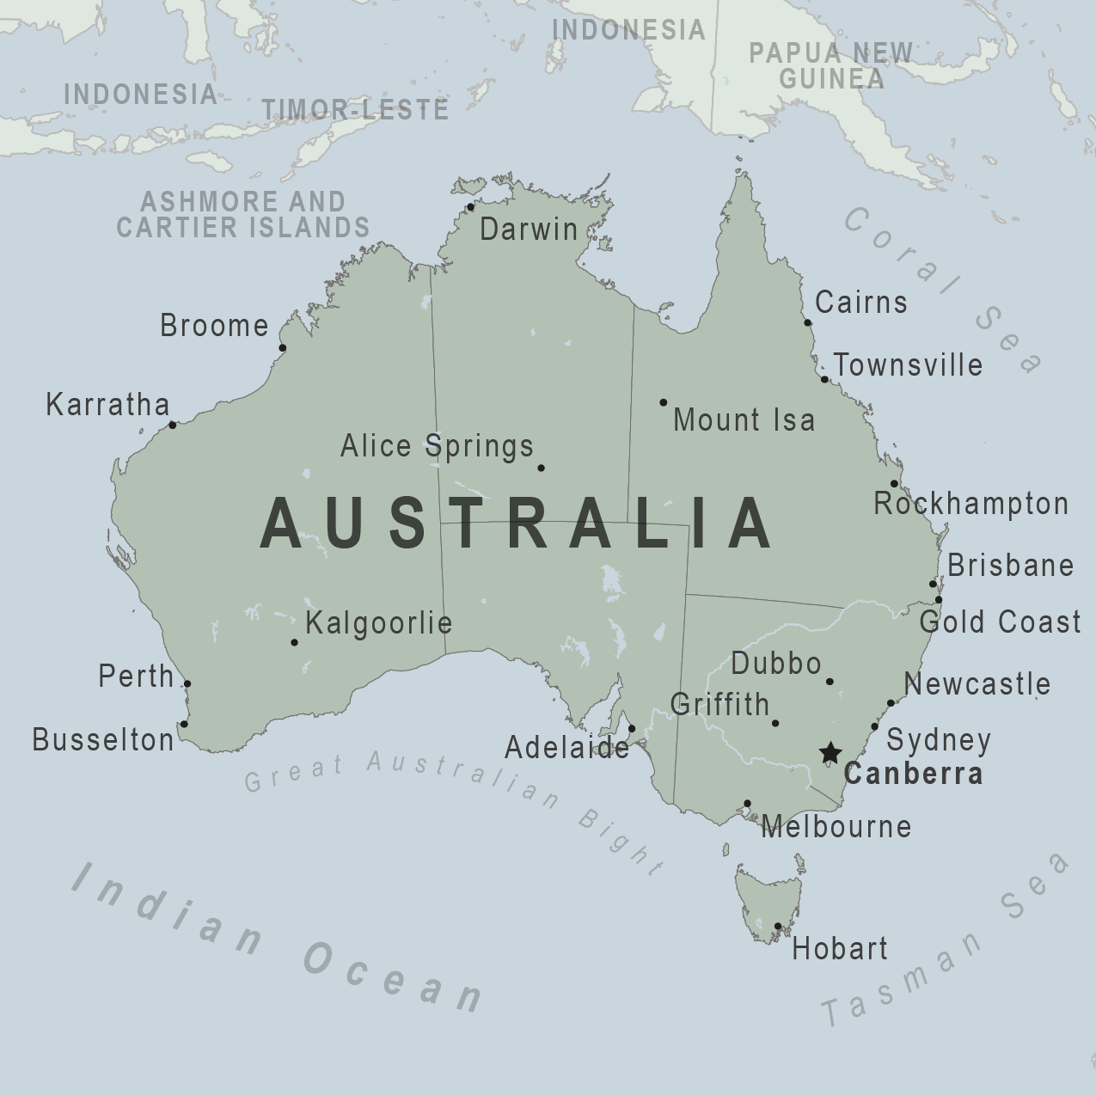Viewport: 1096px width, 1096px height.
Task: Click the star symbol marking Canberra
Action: coord(830,754)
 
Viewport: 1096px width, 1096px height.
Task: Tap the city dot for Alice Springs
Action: coord(541,468)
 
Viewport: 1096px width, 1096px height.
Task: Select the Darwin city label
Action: coord(529,230)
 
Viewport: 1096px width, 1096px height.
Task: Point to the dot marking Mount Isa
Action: coord(663,402)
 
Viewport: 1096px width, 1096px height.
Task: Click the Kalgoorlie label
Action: coord(378,622)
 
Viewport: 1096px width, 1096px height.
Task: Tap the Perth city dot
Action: coord(187,684)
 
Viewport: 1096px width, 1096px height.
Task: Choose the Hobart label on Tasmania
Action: coord(839,949)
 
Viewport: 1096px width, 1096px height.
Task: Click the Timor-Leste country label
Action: coord(355,109)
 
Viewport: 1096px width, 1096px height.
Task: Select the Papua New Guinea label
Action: coord(830,65)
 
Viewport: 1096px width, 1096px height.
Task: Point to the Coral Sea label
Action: coord(942,288)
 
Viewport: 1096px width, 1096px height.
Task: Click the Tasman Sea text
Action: coord(946,941)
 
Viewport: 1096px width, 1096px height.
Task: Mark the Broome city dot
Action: coord(283,348)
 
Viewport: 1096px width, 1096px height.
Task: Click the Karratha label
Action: coord(107,404)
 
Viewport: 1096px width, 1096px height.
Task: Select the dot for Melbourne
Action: coord(747,804)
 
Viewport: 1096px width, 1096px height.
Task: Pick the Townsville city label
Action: coord(908,364)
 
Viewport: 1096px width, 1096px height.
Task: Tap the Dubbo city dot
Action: coord(830,682)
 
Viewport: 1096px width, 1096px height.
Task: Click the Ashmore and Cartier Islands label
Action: coord(243,214)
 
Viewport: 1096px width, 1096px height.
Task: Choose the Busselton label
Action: coord(103,739)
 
